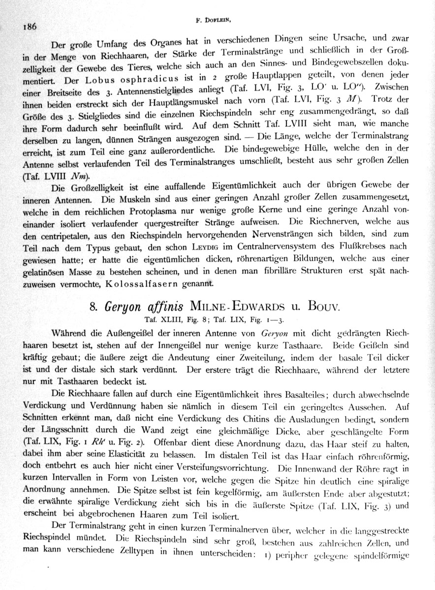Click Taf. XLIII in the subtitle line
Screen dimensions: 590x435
155,319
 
